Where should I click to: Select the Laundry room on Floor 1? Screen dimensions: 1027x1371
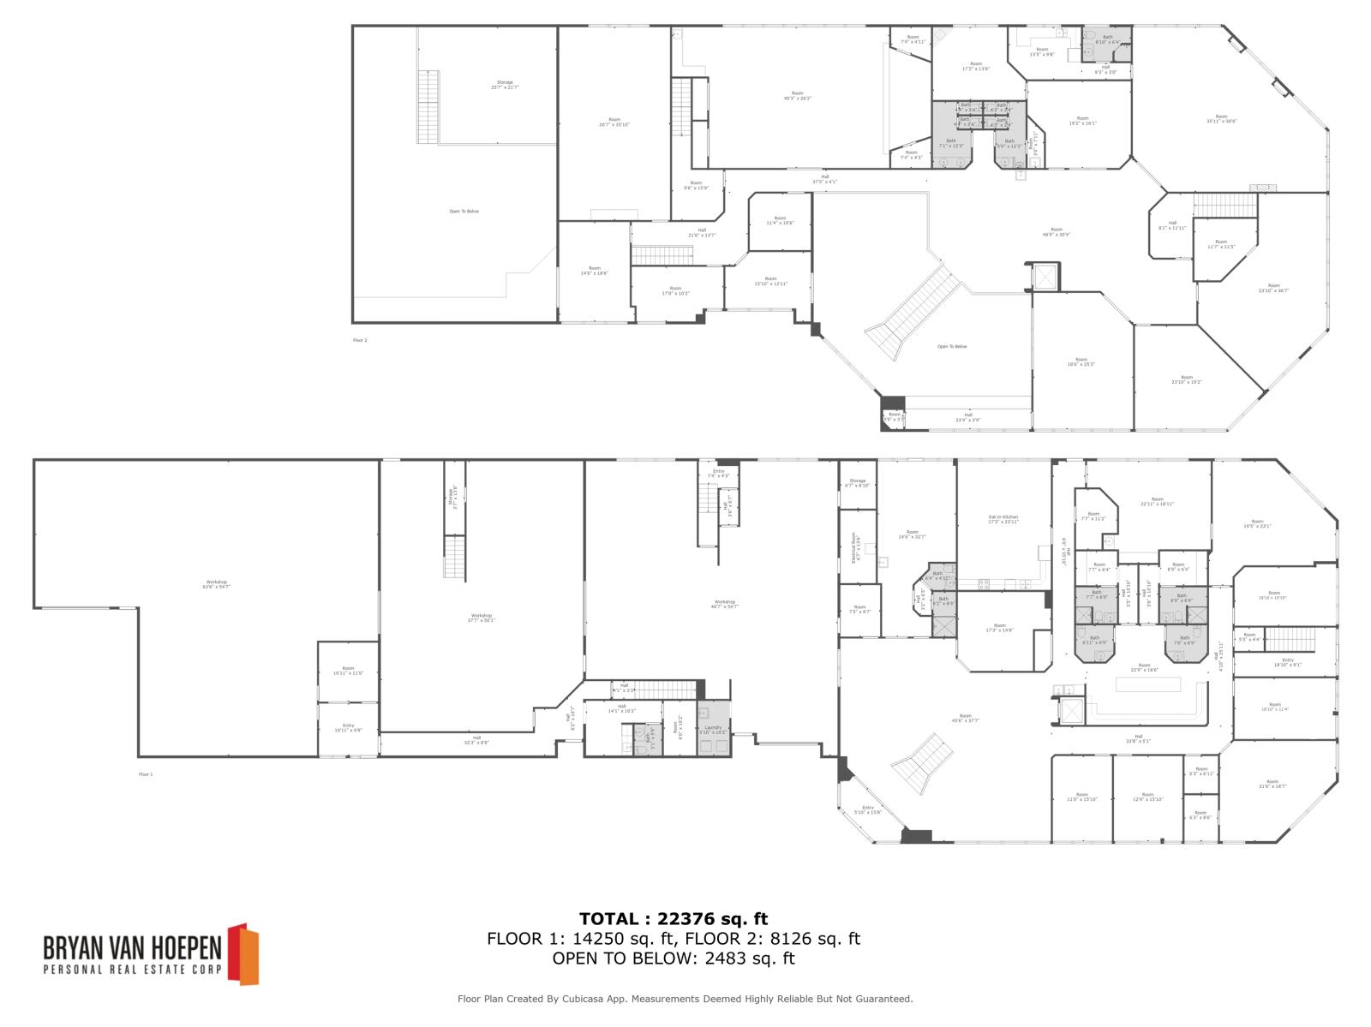coord(714,730)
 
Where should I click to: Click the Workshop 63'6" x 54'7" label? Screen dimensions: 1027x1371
coord(216,584)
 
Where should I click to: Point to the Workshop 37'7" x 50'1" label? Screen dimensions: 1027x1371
coord(481,617)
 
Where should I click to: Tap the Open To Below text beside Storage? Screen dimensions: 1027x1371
coord(464,211)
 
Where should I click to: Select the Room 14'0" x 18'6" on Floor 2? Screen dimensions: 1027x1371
coord(594,271)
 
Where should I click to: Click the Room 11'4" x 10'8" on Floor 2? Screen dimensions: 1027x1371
coord(780,221)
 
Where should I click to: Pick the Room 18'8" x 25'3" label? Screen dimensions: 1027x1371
coord(1081,361)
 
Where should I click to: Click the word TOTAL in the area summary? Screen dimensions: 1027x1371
coord(608,919)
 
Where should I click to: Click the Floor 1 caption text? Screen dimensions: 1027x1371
coord(146,774)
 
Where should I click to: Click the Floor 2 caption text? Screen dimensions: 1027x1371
coord(360,340)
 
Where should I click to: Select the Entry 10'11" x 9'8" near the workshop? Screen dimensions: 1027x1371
coord(348,728)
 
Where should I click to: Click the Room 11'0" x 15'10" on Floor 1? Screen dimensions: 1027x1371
coord(1081,797)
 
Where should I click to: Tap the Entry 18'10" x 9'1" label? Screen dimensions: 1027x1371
coord(1287,662)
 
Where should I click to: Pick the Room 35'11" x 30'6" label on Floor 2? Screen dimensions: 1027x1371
coord(1221,118)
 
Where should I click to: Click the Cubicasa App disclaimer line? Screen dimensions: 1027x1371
coord(685,999)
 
